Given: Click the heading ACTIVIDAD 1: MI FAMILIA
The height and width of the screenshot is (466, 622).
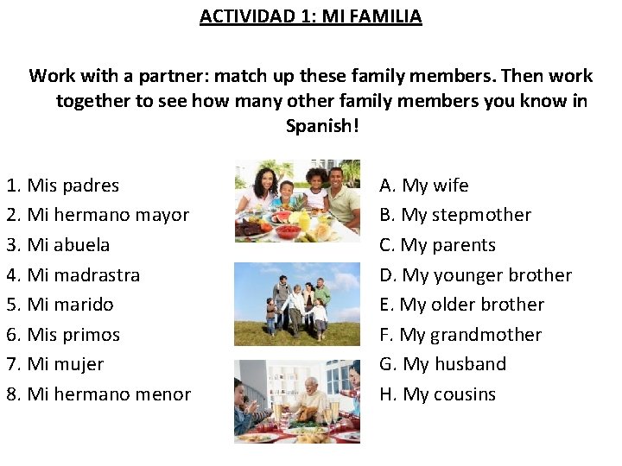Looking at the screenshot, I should tap(310, 16).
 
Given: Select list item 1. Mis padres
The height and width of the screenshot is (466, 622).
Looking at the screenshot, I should tap(63, 186).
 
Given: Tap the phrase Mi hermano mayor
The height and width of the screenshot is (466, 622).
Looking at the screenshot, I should tap(98, 215).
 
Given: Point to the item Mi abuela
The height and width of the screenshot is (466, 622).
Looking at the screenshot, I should tap(59, 245).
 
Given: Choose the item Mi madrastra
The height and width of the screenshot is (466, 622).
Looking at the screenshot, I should tap(73, 275).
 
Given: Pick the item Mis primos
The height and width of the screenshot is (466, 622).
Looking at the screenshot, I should tap(63, 335).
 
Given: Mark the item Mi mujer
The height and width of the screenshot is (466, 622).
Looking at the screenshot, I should tap(55, 364).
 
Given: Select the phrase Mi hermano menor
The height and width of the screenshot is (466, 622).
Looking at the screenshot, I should tap(98, 394).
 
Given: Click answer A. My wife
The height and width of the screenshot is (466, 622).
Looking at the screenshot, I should tap(424, 186).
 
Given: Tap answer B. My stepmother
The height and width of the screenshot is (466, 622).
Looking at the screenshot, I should tap(455, 215).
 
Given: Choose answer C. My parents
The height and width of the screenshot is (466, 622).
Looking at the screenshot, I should tap(437, 245).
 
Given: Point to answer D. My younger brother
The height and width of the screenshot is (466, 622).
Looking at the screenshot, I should tap(475, 275).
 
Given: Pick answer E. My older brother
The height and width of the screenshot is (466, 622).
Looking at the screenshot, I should tap(461, 305).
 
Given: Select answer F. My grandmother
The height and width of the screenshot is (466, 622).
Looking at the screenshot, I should tap(460, 335).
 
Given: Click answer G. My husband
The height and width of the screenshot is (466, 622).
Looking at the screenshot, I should tap(442, 364).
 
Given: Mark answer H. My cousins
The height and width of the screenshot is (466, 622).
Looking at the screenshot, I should tap(437, 394).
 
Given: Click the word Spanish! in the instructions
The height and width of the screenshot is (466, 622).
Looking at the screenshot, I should tap(321, 125).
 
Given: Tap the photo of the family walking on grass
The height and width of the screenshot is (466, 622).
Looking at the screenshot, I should tap(297, 304).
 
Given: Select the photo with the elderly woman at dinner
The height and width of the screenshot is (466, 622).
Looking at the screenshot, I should tap(297, 401).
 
